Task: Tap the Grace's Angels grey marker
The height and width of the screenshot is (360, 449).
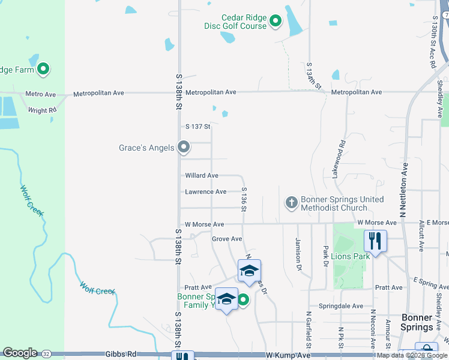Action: pyautogui.click(x=185, y=147)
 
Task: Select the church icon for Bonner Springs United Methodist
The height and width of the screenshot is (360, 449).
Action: pyautogui.click(x=291, y=203)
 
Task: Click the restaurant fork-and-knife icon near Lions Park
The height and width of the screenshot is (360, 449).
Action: pyautogui.click(x=375, y=241)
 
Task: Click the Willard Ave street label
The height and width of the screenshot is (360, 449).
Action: pyautogui.click(x=202, y=176)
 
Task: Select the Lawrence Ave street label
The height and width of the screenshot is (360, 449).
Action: pyautogui.click(x=205, y=192)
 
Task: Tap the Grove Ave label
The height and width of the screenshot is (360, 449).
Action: pyautogui.click(x=227, y=239)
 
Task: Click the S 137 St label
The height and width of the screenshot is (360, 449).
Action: pyautogui.click(x=198, y=127)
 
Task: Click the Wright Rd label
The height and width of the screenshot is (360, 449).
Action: pyautogui.click(x=42, y=110)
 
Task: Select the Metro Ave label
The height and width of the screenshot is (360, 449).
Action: pyautogui.click(x=40, y=94)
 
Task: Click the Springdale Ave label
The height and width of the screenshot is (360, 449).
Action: pyautogui.click(x=341, y=306)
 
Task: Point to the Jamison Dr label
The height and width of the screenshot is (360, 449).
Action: pyautogui.click(x=298, y=253)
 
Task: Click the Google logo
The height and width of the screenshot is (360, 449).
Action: pyautogui.click(x=20, y=353)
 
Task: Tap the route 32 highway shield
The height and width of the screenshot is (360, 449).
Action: pyautogui.click(x=46, y=353)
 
